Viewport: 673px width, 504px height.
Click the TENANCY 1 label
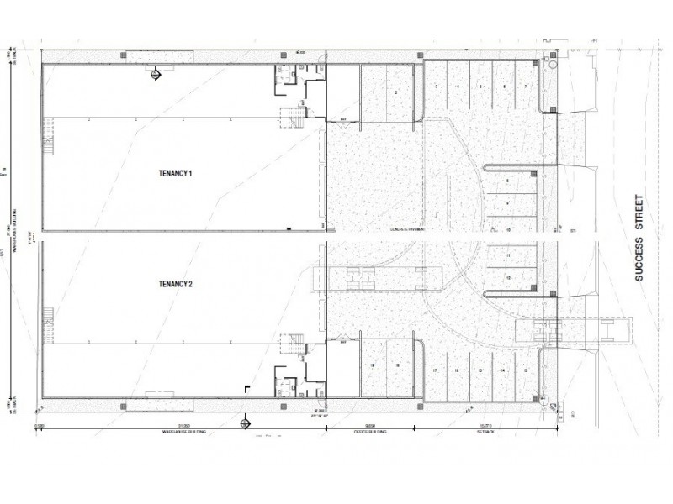(176, 174)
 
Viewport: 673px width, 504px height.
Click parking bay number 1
(373, 90)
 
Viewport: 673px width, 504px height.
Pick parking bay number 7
(526, 87)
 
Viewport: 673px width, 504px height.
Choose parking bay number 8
(507, 181)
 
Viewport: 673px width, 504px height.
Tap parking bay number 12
(508, 277)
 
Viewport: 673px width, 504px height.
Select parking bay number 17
(435, 370)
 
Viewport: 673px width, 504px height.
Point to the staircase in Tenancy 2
(294, 344)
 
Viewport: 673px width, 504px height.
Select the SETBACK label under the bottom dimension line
(485, 432)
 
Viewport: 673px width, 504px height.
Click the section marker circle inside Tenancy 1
(155, 75)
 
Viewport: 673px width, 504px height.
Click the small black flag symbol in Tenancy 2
(246, 388)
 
